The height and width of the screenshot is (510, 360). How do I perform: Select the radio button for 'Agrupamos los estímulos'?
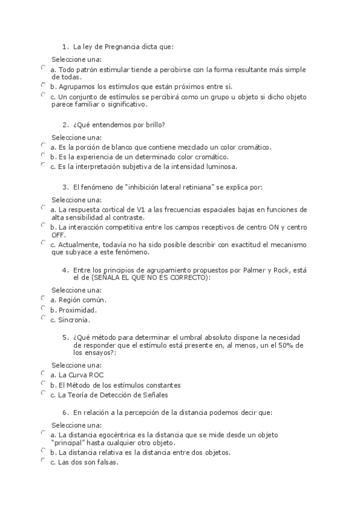click(43, 85)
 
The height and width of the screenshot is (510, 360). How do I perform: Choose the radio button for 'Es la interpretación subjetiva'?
click(43, 165)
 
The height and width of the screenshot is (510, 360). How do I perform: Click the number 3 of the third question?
click(65, 187)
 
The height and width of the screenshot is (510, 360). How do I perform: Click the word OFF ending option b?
click(58, 235)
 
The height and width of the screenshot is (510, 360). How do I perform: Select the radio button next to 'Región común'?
click(43, 298)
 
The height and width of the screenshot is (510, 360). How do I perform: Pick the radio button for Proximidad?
click(43, 309)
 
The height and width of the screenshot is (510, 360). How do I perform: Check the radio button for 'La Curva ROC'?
click(43, 373)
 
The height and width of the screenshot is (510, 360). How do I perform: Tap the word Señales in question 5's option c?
click(153, 395)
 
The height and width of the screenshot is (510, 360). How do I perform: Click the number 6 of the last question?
click(65, 413)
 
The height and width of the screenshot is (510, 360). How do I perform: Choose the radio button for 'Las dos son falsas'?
click(43, 461)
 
